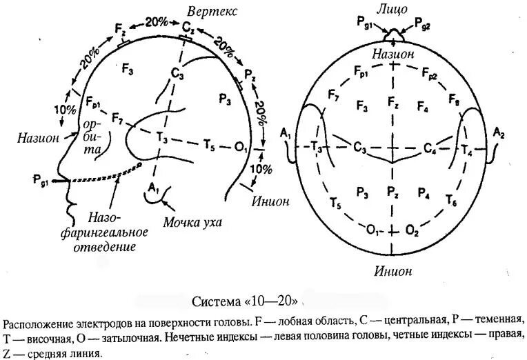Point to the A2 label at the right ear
499,133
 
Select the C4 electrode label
430,148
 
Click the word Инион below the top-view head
393,271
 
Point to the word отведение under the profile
103,246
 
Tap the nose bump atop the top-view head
393,34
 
